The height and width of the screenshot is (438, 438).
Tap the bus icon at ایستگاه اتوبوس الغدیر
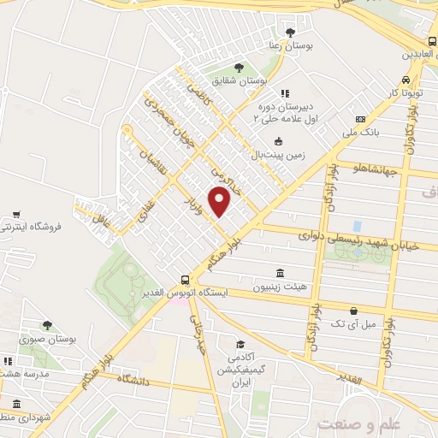(186, 280)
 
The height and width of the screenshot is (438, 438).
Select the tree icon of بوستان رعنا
(290, 31)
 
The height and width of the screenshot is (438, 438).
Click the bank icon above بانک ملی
(360, 119)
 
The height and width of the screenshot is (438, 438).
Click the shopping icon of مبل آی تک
(353, 311)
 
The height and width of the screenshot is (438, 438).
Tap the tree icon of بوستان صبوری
(47, 325)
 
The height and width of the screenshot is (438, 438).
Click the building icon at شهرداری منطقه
(15, 404)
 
